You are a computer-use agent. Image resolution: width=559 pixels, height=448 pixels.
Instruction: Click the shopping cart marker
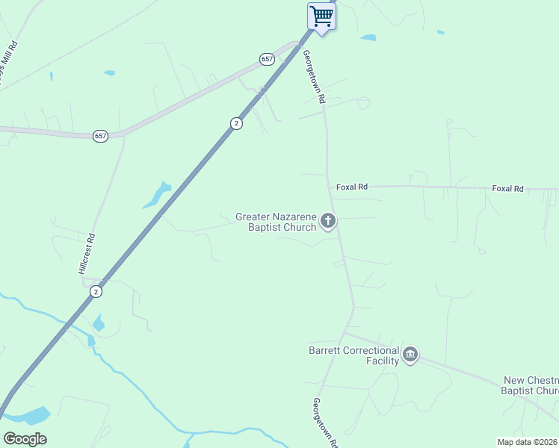coord(321,16)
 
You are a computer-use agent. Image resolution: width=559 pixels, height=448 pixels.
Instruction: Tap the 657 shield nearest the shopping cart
coord(267,59)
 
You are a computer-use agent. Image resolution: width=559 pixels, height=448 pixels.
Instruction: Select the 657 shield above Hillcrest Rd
coord(101,136)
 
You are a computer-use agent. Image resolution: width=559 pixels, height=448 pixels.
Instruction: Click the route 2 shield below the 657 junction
coord(236,123)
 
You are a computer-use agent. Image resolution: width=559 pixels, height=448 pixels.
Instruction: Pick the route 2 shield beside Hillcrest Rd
coord(96,292)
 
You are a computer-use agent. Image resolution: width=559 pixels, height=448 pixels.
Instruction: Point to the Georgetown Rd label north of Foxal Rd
coord(314,77)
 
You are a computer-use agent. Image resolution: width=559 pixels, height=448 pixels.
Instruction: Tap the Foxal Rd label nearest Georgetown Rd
coord(352,187)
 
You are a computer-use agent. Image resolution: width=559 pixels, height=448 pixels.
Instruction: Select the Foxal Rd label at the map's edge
coord(508,189)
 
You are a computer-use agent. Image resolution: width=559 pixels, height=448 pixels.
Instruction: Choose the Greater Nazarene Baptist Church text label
coord(276,222)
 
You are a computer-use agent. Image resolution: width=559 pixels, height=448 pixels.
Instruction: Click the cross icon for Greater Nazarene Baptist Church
coord(327,220)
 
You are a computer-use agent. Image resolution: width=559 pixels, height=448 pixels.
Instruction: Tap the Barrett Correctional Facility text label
coord(353,355)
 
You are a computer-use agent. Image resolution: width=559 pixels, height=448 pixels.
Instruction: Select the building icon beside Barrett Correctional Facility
coord(410,355)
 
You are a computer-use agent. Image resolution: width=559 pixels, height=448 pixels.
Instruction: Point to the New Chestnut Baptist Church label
coord(531,385)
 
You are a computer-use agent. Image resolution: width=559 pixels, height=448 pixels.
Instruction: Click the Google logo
coord(25,439)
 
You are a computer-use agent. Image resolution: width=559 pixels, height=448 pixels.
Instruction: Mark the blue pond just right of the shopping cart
coord(368,37)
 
